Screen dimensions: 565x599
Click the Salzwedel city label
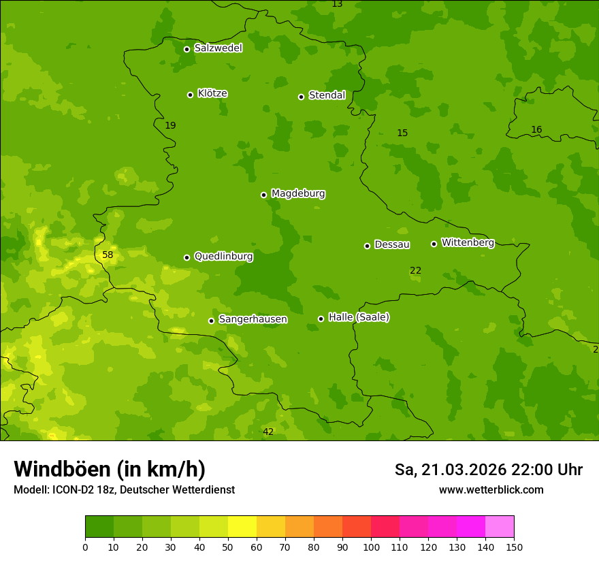coord(218,48)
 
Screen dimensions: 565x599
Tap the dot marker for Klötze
coord(191,95)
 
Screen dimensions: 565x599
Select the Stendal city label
coord(327,95)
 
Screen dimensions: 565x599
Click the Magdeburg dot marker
coord(264,195)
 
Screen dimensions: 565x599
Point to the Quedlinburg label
coord(223,257)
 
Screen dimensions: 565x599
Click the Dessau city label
coord(392,244)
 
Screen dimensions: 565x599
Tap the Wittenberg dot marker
coord(434,244)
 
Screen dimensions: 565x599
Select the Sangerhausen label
coord(253,319)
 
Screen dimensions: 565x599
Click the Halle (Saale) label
coord(359,317)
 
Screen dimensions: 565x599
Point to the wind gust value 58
coord(108,255)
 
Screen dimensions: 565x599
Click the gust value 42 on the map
coord(268,432)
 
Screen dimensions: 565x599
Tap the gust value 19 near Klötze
coord(170,125)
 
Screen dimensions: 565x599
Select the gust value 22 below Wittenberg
coord(415,270)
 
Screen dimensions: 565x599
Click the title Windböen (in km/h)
coord(110,469)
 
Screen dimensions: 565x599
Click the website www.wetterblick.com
coord(491,490)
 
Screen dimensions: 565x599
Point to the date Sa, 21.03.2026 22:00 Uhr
coord(488,470)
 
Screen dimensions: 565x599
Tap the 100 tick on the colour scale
coord(371,546)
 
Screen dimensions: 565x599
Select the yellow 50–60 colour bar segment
coord(242,527)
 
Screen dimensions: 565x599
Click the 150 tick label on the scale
coord(513,546)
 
